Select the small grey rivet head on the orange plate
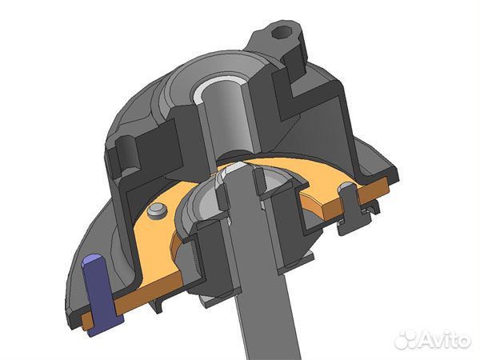158,209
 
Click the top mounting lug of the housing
280,40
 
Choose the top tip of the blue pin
91,260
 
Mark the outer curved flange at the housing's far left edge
68,264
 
